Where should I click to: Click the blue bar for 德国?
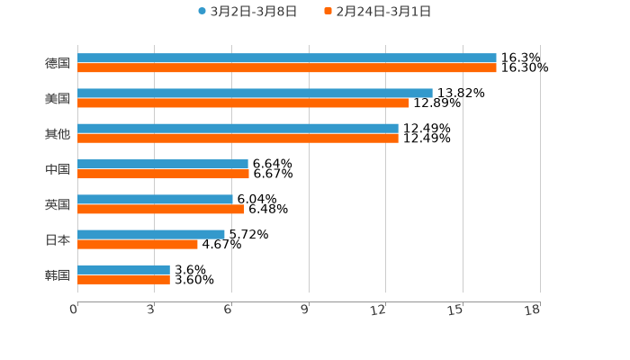coord(286,58)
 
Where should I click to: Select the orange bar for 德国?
coord(286,68)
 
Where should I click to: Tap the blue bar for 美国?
coord(255,94)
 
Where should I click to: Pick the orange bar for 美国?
coord(243,103)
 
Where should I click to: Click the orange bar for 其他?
coord(238,139)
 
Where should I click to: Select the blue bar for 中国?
coord(163,164)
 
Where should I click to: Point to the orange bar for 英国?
coord(161,210)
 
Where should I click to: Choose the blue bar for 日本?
coord(151,234)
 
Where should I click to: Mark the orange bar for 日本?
coord(138,244)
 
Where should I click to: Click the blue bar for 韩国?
coord(123,269)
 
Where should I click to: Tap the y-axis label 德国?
coord(58,64)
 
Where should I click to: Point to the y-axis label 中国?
coord(58,169)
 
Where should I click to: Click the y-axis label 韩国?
coord(58,274)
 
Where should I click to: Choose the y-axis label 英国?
coord(58,204)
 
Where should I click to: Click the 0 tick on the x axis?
coord(75,310)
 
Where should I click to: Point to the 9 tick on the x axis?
coord(305,310)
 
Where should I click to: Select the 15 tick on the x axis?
coord(457,310)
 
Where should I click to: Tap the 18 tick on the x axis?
coord(534,310)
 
